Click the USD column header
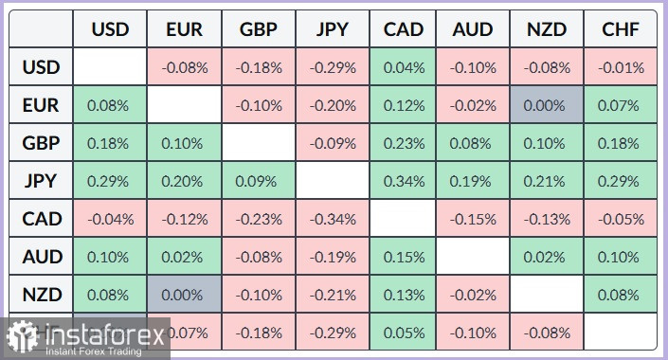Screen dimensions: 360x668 pos(109,29)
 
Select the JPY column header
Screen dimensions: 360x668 pos(331,29)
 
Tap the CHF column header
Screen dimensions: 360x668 pos(621,29)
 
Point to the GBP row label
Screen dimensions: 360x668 pos(41,143)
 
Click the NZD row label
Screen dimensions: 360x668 pos(41,295)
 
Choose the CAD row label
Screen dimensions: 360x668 pos(41,219)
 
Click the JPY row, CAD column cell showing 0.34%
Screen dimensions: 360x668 pos(404,181)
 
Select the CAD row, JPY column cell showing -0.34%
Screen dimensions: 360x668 pos(331,219)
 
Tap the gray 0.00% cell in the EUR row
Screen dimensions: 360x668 pos(547,105)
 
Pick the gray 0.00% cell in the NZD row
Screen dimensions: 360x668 pos(184,295)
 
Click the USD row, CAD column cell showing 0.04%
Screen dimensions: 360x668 pos(404,67)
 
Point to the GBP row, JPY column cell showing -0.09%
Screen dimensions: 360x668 pos(331,143)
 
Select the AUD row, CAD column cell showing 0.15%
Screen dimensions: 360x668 pos(404,257)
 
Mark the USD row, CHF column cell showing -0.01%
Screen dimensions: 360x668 pos(621,67)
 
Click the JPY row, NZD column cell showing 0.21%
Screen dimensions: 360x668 pos(547,181)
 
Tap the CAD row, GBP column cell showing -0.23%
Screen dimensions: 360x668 pos(258,219)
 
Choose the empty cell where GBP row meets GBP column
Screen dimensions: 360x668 pos(258,143)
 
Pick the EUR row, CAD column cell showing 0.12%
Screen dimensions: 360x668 pos(404,105)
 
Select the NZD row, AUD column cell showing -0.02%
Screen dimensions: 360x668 pos(473,295)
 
